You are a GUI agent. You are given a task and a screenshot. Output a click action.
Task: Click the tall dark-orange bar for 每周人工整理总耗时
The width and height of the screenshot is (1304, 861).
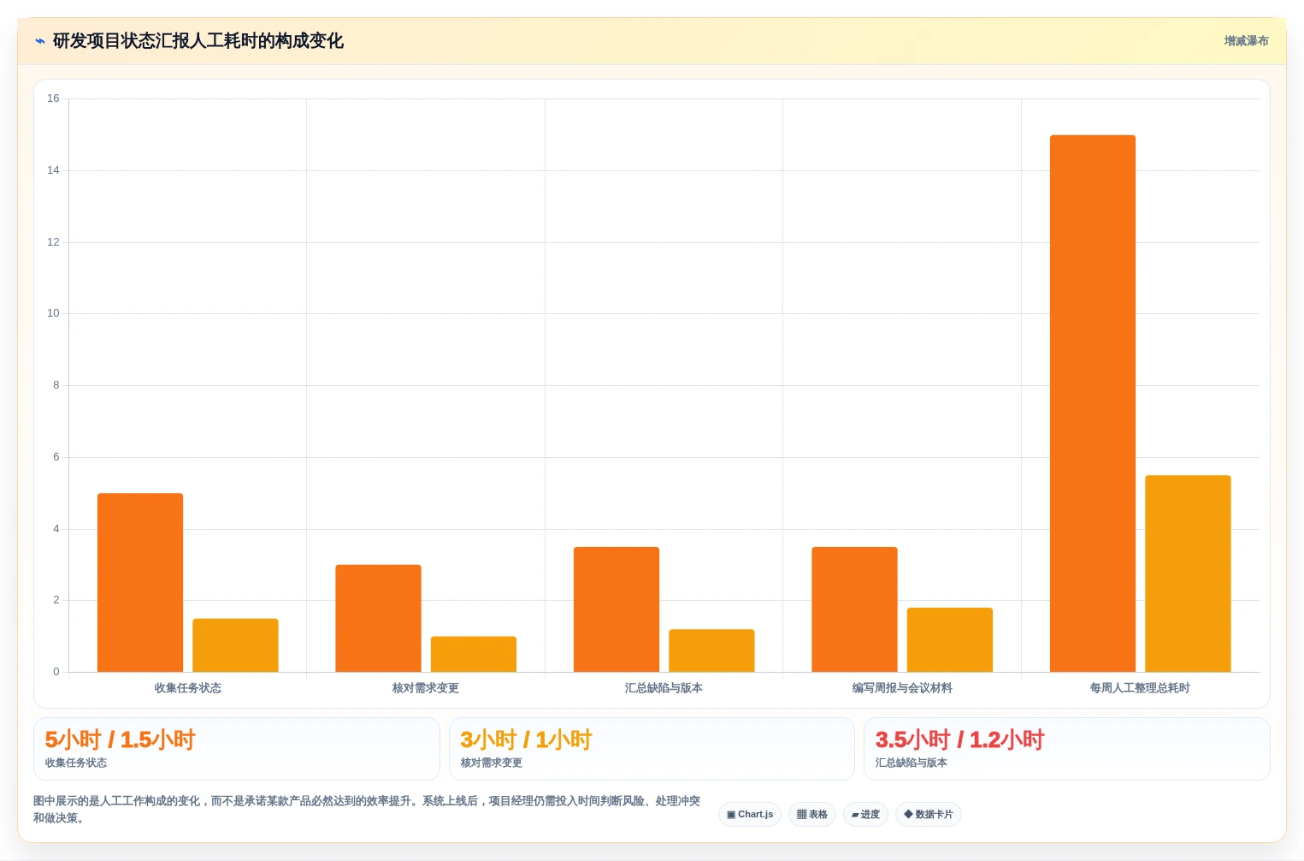coord(1093,403)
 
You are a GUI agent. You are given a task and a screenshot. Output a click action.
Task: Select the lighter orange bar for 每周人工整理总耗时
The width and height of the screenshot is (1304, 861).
coord(1188,573)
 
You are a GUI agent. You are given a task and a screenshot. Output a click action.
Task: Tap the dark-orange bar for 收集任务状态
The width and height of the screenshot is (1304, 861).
coord(140,583)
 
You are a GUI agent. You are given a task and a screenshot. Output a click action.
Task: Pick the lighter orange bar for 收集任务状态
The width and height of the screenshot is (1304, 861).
coord(235,644)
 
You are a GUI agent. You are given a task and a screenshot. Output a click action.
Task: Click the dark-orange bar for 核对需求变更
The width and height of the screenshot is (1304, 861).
coord(379,618)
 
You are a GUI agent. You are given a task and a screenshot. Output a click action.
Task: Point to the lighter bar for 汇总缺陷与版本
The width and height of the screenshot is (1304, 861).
coord(711,650)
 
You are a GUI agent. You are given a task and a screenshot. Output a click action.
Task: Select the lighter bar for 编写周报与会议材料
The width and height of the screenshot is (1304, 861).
coord(949,639)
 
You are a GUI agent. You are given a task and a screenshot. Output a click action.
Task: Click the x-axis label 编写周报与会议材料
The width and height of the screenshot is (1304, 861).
coord(902,688)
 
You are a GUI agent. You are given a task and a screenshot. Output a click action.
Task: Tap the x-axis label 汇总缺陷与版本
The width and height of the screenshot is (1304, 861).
coord(664,688)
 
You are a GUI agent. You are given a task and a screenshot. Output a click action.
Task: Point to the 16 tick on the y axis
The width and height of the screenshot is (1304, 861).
coord(53,98)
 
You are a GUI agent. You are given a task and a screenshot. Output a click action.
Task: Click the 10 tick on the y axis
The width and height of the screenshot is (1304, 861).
coord(53,313)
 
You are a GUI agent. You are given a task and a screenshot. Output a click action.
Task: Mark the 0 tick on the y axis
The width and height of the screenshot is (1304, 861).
coord(56,672)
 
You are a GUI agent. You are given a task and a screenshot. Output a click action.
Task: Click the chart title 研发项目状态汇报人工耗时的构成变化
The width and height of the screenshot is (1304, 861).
coord(198,41)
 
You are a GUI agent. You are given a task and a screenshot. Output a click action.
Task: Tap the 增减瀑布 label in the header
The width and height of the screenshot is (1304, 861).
coord(1246,41)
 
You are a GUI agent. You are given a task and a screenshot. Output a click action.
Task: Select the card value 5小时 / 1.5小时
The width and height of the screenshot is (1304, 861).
coord(120,739)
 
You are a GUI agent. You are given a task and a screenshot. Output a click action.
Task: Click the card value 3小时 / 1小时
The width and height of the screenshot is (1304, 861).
coord(526,739)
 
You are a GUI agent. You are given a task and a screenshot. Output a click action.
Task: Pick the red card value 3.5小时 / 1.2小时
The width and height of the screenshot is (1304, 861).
coord(960,739)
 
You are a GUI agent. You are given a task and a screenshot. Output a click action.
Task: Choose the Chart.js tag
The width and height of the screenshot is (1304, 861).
coord(750,815)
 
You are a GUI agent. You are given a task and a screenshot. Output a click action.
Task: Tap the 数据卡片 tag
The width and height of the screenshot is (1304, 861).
coord(929,815)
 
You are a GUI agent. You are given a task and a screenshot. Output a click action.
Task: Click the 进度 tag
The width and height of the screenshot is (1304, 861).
coord(865,815)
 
